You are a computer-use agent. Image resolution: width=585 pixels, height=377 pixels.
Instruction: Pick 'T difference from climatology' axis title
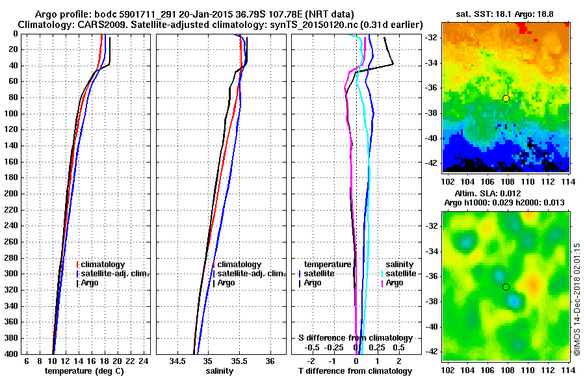click(x=355, y=371)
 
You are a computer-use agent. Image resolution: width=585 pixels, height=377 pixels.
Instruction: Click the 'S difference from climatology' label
click(x=355, y=338)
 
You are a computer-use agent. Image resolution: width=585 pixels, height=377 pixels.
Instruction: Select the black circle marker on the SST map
click(x=506, y=98)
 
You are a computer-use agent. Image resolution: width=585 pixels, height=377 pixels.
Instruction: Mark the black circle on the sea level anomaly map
click(x=506, y=287)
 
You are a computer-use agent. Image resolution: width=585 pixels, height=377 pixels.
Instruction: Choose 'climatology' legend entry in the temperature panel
click(x=105, y=265)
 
